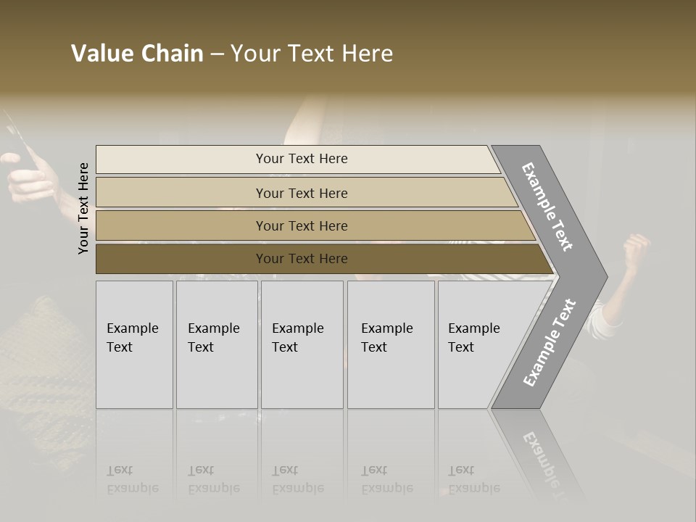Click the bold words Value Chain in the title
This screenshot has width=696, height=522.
tap(137, 54)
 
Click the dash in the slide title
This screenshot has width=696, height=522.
tap(217, 54)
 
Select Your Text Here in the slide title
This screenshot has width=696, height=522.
tap(312, 54)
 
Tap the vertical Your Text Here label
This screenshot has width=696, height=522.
tap(83, 209)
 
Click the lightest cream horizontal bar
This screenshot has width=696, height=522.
tap(301, 159)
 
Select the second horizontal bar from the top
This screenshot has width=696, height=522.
tap(301, 193)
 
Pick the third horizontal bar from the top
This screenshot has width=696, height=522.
tap(301, 225)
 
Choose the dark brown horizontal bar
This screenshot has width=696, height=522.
tap(301, 259)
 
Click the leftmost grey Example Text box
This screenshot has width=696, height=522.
tap(134, 344)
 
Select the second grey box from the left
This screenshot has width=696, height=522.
tap(217, 344)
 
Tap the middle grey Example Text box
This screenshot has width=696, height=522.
tap(302, 344)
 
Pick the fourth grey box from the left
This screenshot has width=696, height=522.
tap(391, 344)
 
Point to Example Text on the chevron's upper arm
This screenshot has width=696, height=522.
tap(547, 207)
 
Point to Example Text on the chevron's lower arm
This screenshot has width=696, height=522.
tap(550, 342)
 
